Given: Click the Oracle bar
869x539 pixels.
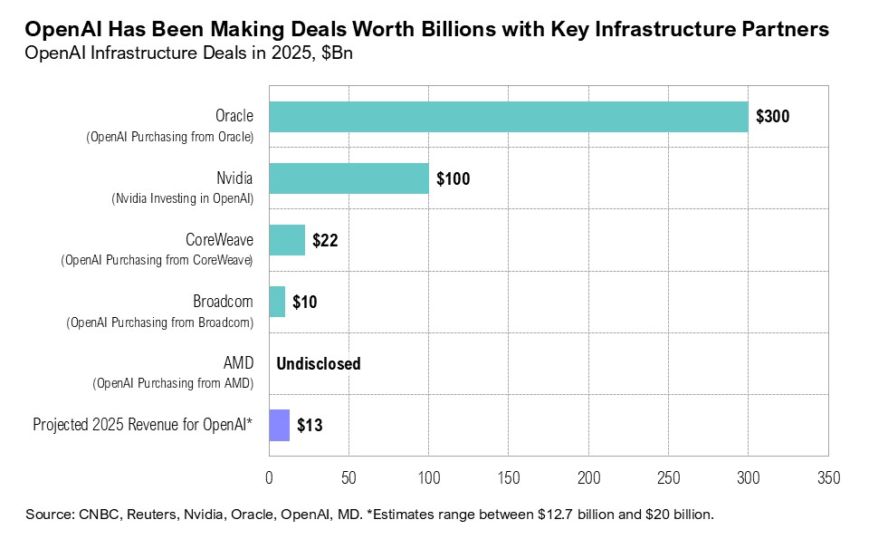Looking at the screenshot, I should point(508,117).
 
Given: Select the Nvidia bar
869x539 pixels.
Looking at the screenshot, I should point(349,178).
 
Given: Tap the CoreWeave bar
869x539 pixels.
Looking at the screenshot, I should point(287,240).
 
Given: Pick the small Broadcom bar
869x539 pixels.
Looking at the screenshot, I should point(277,302).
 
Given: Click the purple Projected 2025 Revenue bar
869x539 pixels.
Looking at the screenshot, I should point(279,425).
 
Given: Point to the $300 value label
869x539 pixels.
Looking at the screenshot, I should point(773,117).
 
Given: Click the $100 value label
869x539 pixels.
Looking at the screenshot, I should point(454,178).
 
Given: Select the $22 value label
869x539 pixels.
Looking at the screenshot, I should point(325,240).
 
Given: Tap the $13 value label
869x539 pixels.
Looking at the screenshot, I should point(310,425).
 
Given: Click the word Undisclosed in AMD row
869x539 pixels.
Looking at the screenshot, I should point(319,363).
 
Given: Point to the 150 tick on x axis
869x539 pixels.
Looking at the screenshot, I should point(509,477).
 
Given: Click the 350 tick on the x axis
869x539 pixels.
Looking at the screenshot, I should point(828,477).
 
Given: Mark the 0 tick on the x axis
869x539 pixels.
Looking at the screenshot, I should point(269,477).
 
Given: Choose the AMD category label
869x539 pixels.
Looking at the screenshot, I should point(238,362).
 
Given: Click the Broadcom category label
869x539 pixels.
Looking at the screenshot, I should point(223,301).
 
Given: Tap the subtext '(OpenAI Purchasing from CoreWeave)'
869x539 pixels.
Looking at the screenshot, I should point(157,260).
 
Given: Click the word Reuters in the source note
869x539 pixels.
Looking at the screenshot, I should point(155,515).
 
